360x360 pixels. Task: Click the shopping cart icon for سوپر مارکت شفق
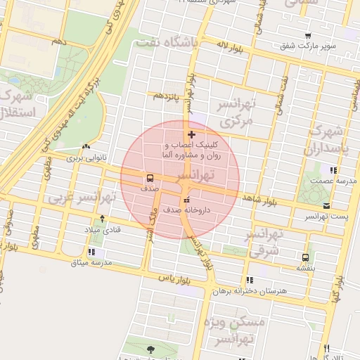[308, 36]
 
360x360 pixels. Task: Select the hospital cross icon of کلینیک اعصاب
[191, 134]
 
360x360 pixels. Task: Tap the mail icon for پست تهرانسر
[326, 205]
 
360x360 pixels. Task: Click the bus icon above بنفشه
[304, 257]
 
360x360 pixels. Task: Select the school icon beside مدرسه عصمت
[333, 170]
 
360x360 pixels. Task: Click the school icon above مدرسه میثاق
[92, 252]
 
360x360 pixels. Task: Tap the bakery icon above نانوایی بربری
[86, 147]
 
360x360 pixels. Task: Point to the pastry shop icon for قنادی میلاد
[103, 219]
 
